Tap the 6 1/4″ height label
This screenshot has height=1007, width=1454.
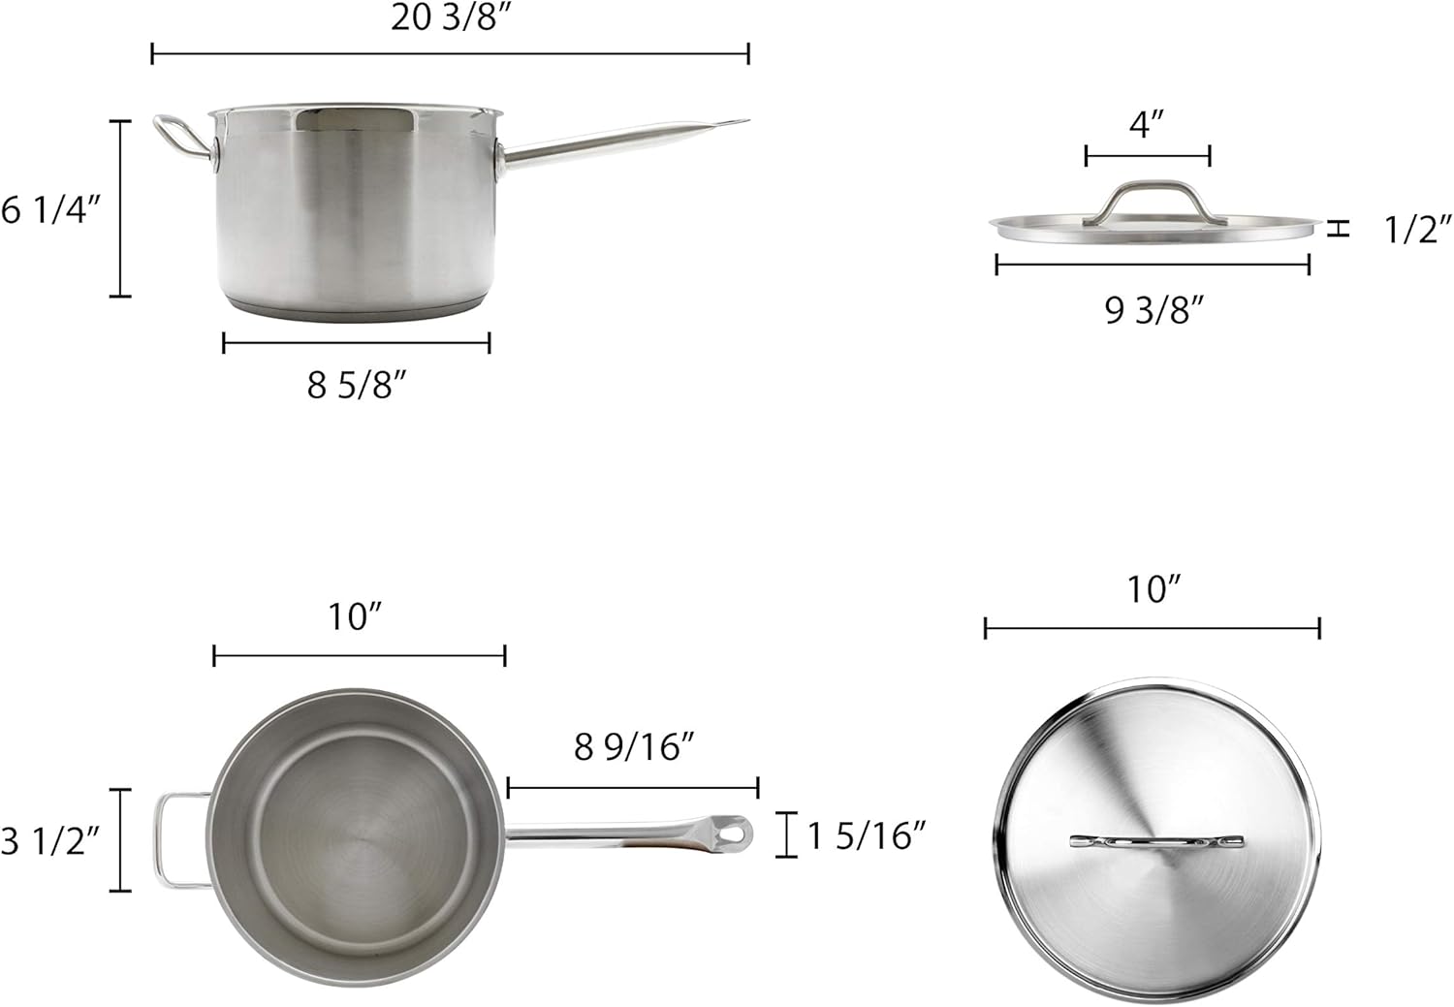coord(50,209)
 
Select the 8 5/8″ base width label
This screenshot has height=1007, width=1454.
coord(356,386)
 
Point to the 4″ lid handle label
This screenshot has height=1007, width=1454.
coord(1147,124)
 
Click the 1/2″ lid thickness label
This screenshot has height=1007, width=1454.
coord(1417,230)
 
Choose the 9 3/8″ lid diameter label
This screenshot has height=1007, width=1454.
coord(1154,310)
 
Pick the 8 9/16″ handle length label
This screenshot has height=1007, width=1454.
coord(634,747)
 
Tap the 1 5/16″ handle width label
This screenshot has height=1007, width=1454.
coord(867,835)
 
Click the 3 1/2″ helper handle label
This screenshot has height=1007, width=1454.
coord(49,840)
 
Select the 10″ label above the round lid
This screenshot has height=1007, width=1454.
coord(1154,589)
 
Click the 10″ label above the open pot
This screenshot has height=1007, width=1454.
coord(356,616)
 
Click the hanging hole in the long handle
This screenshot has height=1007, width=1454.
coord(738,833)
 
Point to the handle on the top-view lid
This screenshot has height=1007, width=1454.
coord(1156,842)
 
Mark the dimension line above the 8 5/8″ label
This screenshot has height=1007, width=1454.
coord(356,342)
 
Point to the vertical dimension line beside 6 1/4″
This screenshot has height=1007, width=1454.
coord(120,208)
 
